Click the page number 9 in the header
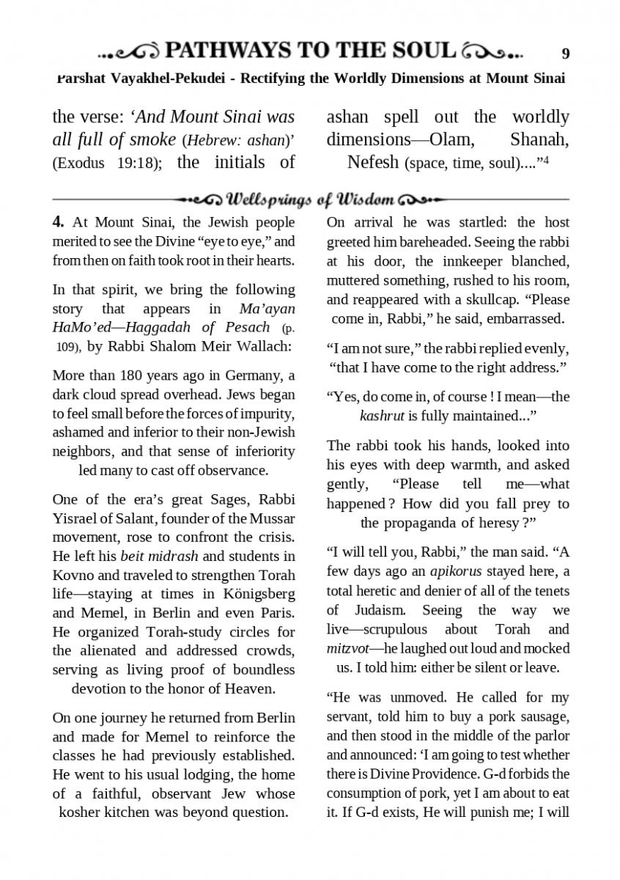565,54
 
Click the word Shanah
539,139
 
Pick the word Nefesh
373,162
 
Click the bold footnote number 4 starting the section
58,222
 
